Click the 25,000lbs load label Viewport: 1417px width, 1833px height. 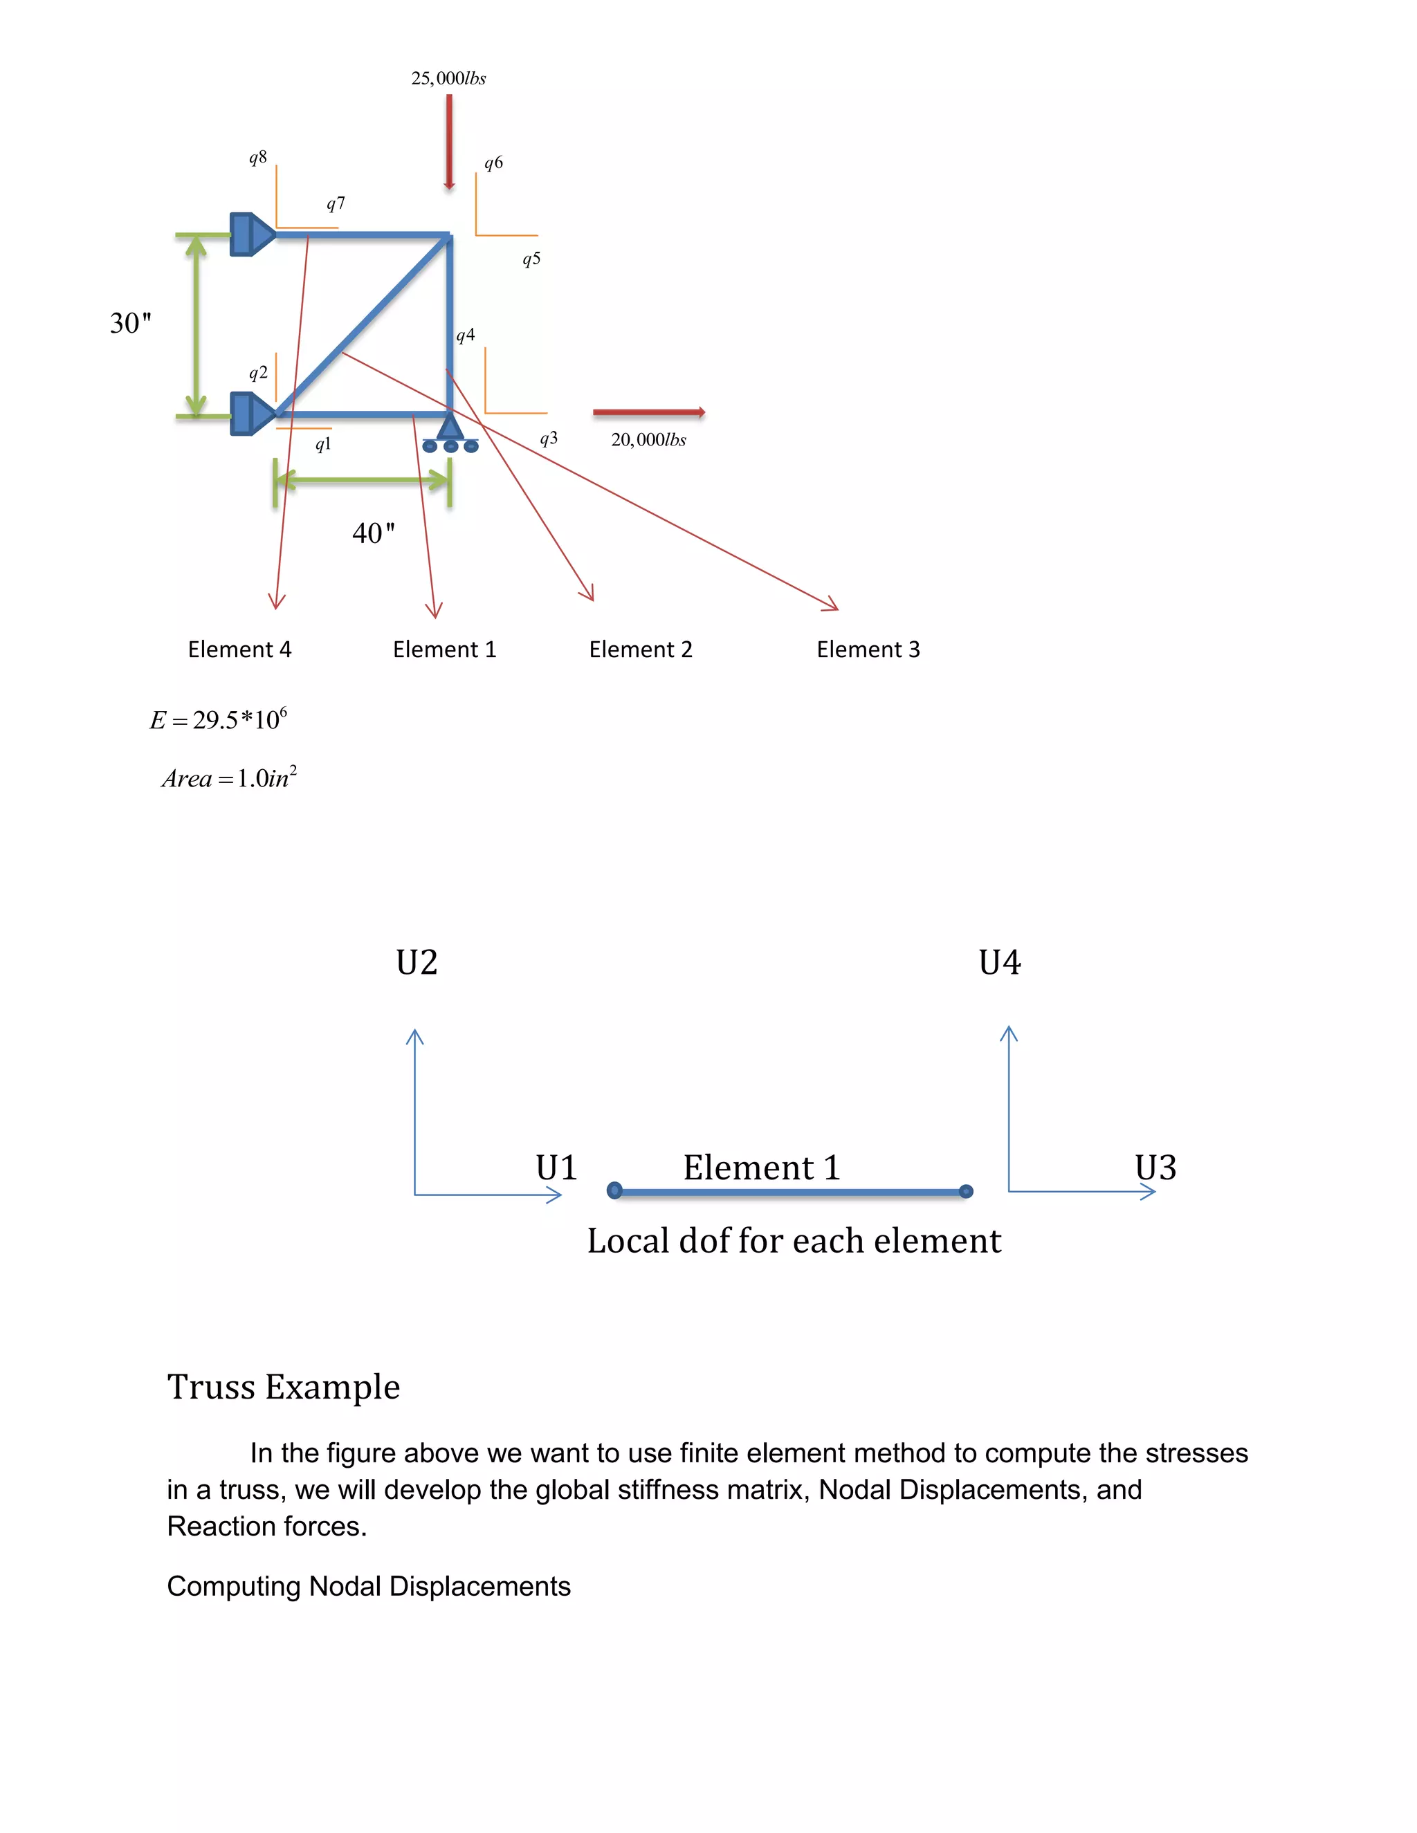[x=448, y=78]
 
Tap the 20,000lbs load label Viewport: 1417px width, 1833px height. [x=648, y=439]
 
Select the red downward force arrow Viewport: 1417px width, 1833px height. [x=449, y=141]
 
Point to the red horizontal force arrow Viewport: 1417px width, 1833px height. [x=648, y=412]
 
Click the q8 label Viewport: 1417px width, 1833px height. [x=257, y=157]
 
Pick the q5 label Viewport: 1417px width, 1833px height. [x=531, y=259]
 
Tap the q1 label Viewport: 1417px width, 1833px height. [x=323, y=444]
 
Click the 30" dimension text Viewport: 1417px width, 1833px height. [x=131, y=323]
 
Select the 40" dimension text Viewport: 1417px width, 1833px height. [x=373, y=533]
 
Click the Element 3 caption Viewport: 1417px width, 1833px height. [x=868, y=650]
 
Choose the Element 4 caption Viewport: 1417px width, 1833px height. [x=239, y=650]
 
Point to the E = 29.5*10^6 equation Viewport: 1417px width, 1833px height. [x=218, y=719]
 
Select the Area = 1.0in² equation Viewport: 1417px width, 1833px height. [x=229, y=778]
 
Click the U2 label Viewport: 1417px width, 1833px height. [x=417, y=963]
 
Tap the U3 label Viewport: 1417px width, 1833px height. [x=1155, y=1168]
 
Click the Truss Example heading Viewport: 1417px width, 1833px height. [x=284, y=1386]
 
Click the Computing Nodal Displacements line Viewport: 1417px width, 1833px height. [x=369, y=1586]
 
